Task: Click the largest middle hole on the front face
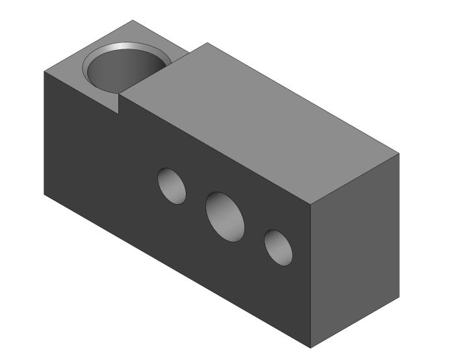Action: point(225,215)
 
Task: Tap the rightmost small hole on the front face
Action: point(278,247)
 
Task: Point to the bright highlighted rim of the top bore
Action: point(140,46)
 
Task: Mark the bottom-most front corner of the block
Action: point(311,348)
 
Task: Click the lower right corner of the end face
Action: point(398,298)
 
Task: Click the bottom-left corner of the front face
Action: point(44,194)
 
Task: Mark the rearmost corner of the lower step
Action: point(133,20)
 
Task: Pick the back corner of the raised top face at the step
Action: point(207,43)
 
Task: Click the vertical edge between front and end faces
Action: point(311,276)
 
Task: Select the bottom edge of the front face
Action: point(175,270)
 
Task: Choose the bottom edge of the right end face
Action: point(354,323)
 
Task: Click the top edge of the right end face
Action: point(355,179)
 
